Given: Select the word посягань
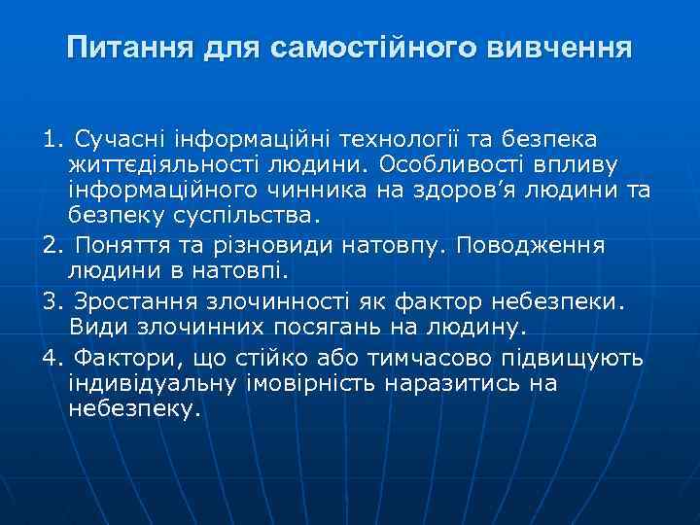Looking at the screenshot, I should coord(327,328).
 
